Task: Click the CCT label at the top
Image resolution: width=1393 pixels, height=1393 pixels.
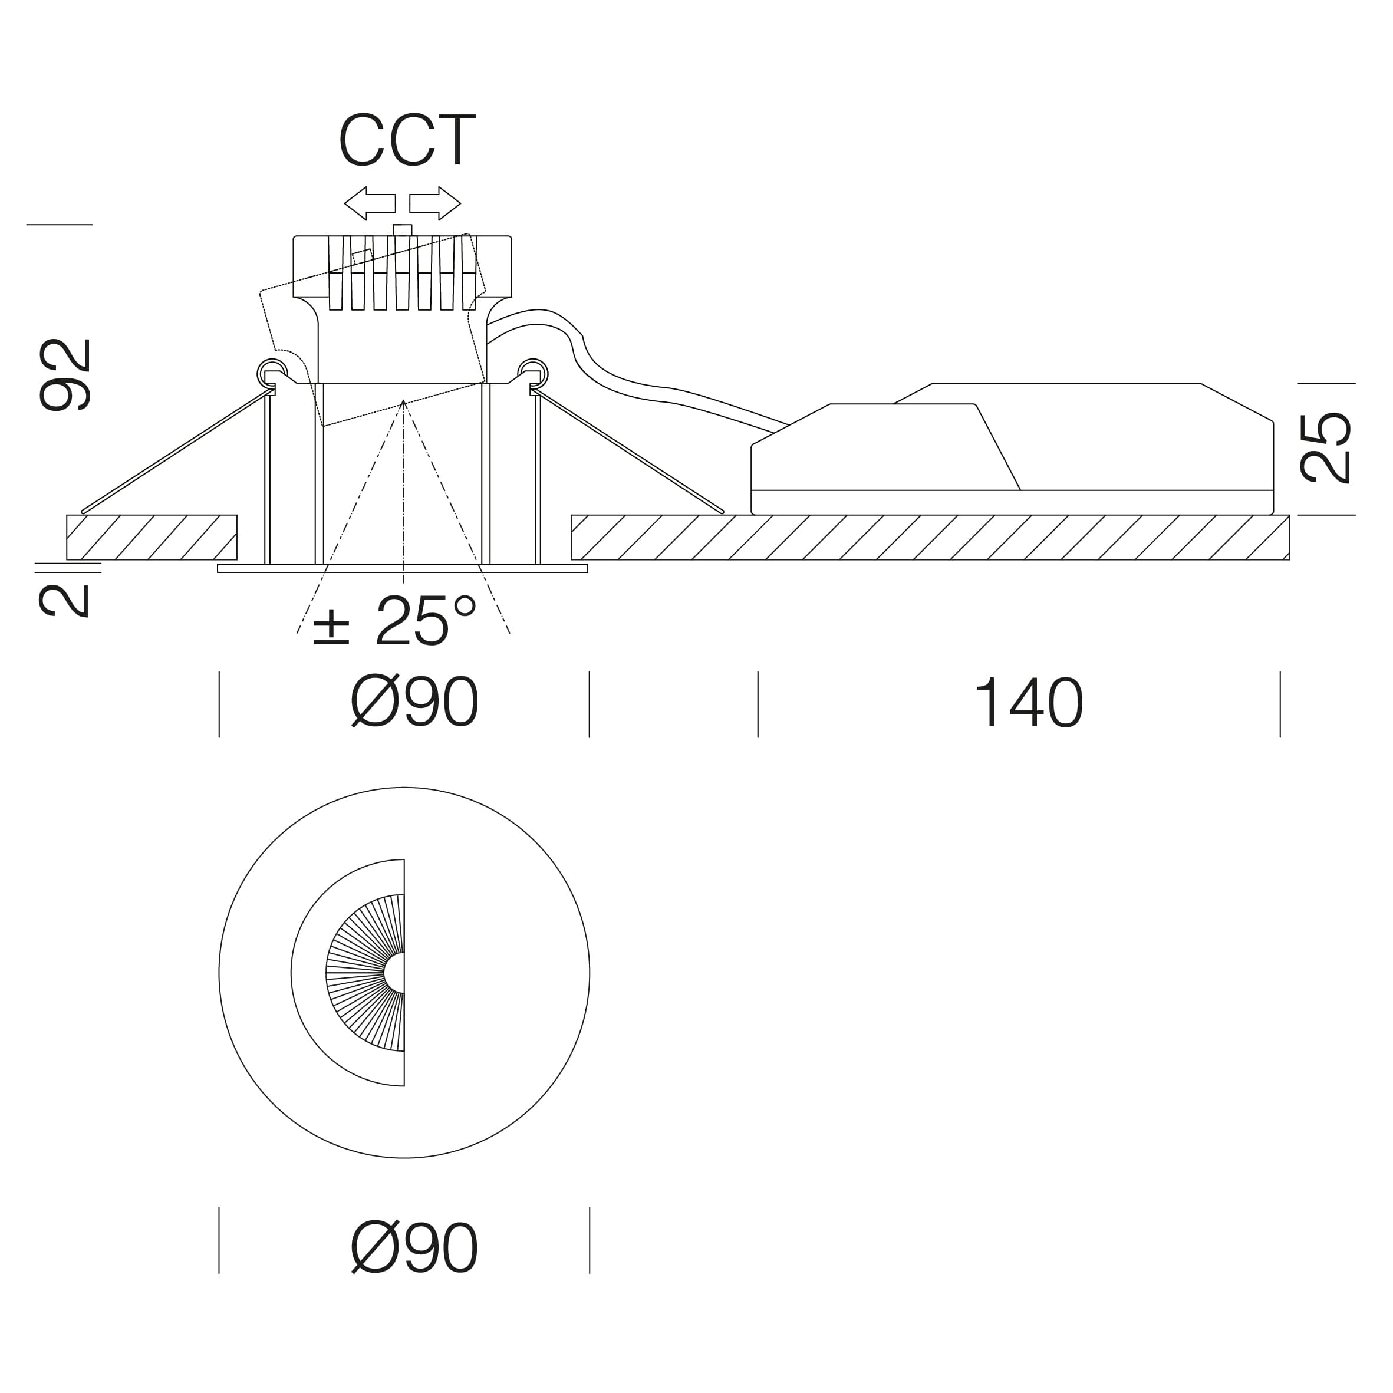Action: (x=407, y=139)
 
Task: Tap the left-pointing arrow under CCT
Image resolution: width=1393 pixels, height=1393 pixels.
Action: (x=370, y=203)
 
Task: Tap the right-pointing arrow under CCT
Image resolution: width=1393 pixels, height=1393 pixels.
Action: (x=435, y=203)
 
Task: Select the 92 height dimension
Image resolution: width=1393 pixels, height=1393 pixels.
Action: (x=65, y=375)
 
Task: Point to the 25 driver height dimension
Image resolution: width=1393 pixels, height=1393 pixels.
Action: (x=1325, y=447)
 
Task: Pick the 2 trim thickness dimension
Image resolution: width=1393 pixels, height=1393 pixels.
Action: (x=64, y=601)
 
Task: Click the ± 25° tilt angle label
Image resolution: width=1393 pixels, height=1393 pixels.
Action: (x=395, y=620)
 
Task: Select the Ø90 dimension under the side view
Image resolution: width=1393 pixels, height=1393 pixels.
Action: (x=414, y=702)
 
